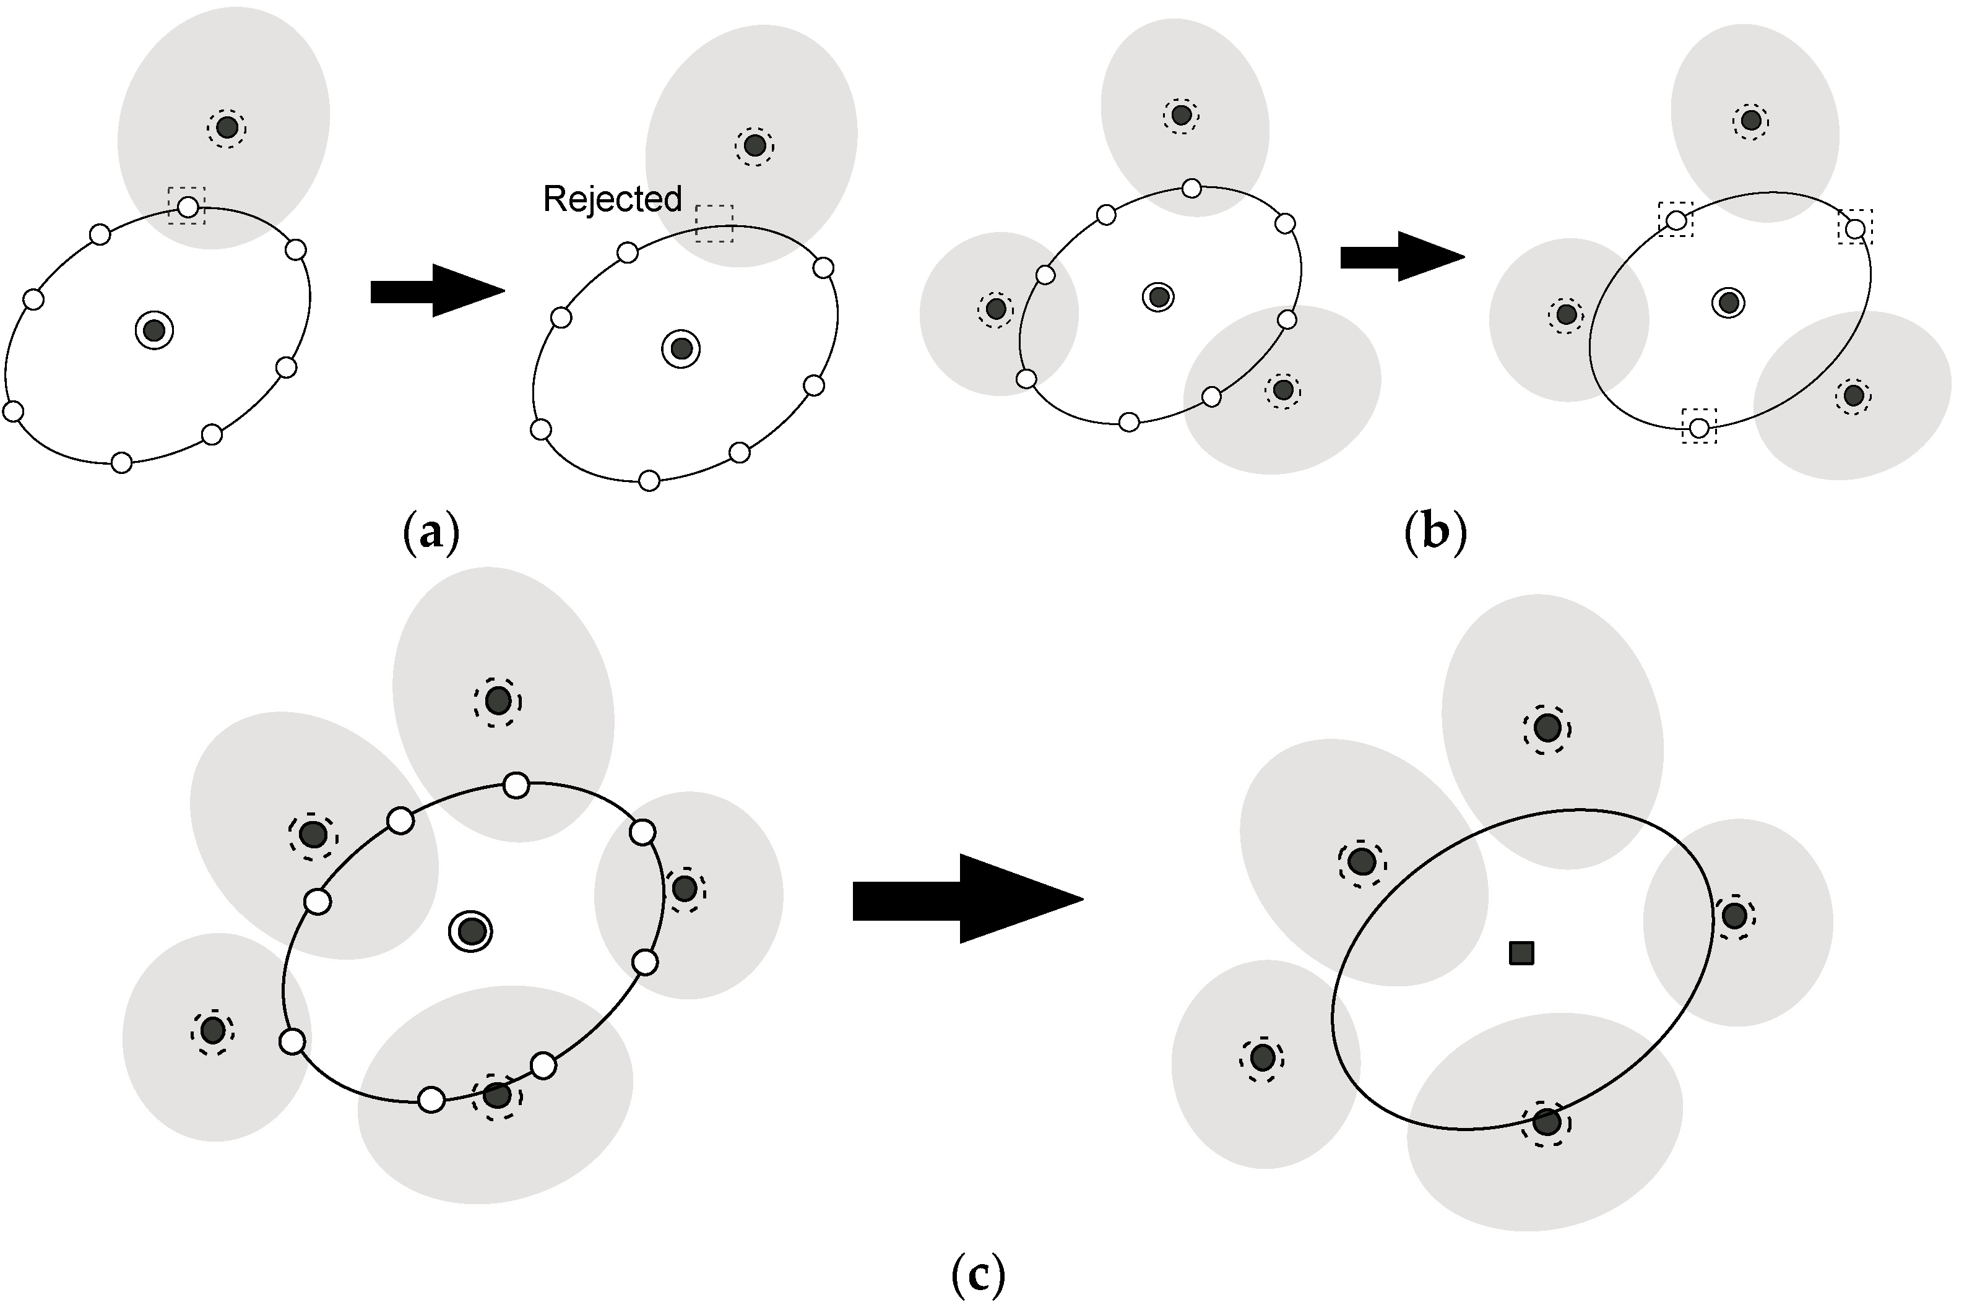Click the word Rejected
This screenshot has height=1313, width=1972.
(x=612, y=199)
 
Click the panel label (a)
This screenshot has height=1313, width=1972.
(x=431, y=533)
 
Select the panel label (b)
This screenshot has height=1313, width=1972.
(x=1435, y=533)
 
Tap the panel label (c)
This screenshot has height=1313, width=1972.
(x=977, y=1275)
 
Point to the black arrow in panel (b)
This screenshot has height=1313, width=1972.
(x=1401, y=257)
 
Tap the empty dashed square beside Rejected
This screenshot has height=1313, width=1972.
(x=714, y=223)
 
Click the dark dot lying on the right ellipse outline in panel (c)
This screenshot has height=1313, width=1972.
(x=1546, y=1121)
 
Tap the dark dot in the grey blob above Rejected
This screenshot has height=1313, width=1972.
(x=755, y=145)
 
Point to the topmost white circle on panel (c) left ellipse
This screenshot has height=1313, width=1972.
(x=516, y=785)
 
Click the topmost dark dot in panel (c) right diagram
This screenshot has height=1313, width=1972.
(x=1546, y=728)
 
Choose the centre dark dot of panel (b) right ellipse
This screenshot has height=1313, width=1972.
(x=1728, y=303)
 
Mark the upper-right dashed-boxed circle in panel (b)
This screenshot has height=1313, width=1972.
(x=1856, y=228)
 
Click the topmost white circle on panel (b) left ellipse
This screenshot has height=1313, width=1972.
(x=1191, y=188)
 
